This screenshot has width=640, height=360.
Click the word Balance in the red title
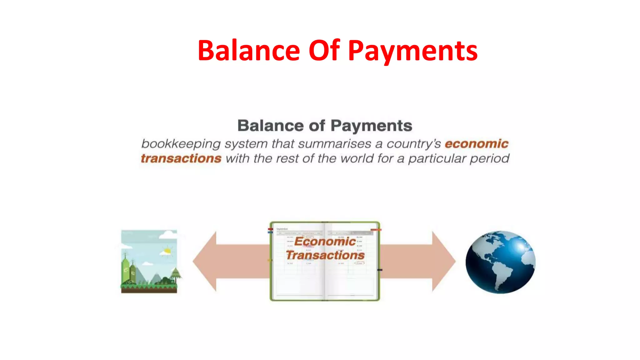point(249,51)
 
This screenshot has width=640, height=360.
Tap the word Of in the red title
point(324,51)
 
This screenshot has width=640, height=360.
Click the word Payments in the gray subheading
point(371,126)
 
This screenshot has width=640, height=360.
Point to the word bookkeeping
point(181,144)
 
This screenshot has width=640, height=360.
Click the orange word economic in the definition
point(476,144)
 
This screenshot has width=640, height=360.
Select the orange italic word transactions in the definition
point(181,158)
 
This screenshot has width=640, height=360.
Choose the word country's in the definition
point(413,144)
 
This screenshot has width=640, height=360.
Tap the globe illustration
point(500,262)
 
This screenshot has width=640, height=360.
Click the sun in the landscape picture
point(167,251)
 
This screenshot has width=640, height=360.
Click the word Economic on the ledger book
point(325,241)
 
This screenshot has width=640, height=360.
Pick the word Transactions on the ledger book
point(325,255)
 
